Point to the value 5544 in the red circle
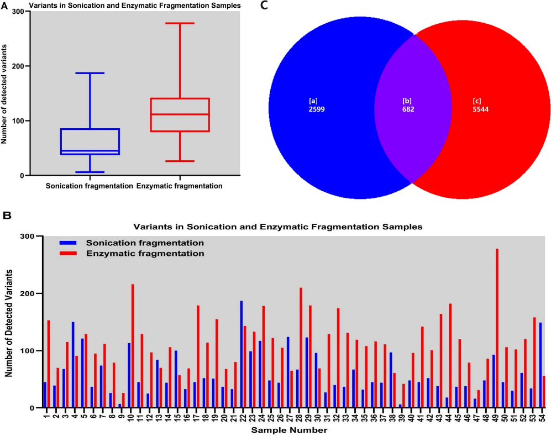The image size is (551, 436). [481, 110]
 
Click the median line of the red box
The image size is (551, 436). [180, 114]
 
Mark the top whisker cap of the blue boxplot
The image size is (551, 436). [90, 73]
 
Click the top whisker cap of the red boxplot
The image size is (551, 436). [180, 23]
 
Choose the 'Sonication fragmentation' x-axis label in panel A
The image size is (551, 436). [90, 186]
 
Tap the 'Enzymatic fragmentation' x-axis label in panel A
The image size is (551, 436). [180, 186]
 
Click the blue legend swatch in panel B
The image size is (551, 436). [67, 243]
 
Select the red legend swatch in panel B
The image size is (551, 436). [67, 254]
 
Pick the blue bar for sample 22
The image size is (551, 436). [241, 354]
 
